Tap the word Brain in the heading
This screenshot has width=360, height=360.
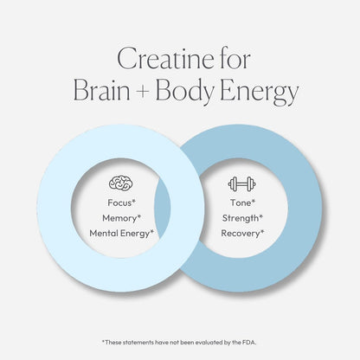102,90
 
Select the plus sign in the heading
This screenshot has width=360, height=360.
143,92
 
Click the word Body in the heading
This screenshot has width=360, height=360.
185,92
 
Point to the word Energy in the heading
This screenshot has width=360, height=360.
259,92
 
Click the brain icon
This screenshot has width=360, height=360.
121,183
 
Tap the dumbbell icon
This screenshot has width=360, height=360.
242,184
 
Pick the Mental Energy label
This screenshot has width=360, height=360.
121,234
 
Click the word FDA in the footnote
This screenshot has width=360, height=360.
249,343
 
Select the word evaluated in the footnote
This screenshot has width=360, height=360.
209,343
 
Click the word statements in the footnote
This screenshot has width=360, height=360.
138,343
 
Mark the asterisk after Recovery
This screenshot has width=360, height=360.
262,231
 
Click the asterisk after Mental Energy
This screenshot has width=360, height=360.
152,231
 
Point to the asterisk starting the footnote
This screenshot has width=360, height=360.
103,342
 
